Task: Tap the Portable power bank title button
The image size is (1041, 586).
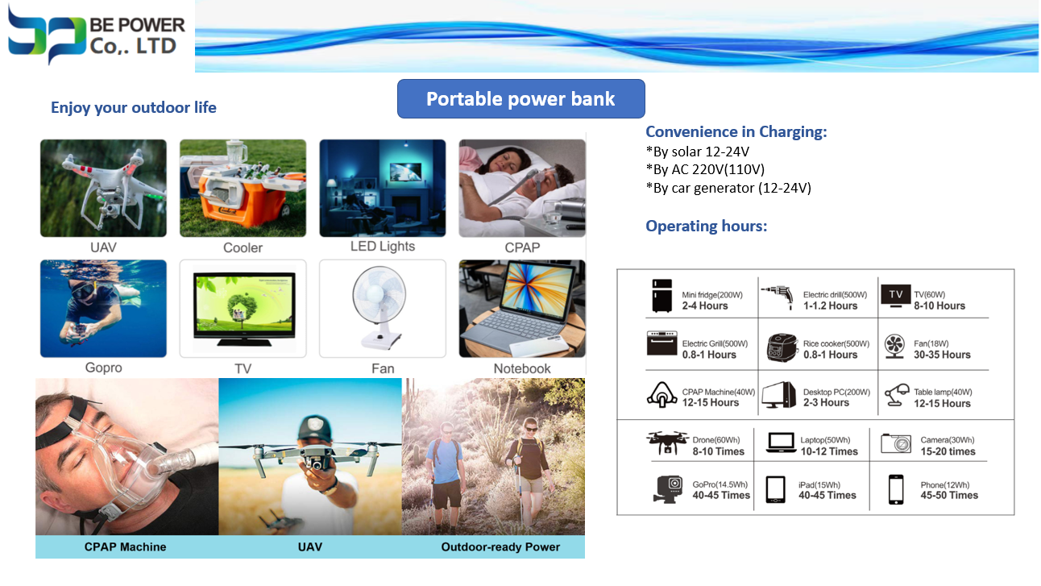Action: [521, 98]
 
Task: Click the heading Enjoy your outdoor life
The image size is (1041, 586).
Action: [134, 107]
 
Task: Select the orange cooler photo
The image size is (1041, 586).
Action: [243, 188]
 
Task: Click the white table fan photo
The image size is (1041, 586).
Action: [383, 309]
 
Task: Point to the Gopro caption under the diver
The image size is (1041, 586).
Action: [104, 368]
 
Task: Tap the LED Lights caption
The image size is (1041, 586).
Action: [383, 246]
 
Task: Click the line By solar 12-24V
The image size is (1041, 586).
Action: [698, 152]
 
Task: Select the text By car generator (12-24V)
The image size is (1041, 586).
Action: [728, 188]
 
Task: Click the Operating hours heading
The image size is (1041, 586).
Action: [706, 226]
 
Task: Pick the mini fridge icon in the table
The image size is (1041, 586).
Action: [662, 295]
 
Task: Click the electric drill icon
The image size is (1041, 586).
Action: [778, 296]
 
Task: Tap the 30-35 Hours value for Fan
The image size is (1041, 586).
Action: [942, 355]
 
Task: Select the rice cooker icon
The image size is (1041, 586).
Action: [782, 347]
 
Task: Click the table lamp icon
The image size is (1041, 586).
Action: [897, 395]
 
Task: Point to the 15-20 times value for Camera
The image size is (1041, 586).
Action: [948, 451]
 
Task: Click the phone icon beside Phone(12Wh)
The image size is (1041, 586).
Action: [896, 489]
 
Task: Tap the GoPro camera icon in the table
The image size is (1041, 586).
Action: [668, 490]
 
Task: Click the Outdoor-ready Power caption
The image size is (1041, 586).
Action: [500, 547]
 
